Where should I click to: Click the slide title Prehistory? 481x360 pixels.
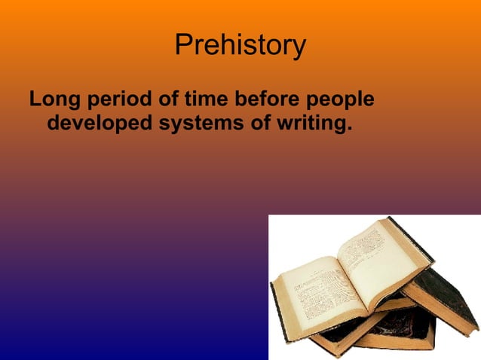coord(240,45)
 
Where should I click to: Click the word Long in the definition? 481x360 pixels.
coord(55,99)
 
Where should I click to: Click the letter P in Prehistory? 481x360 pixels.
coord(183,45)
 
